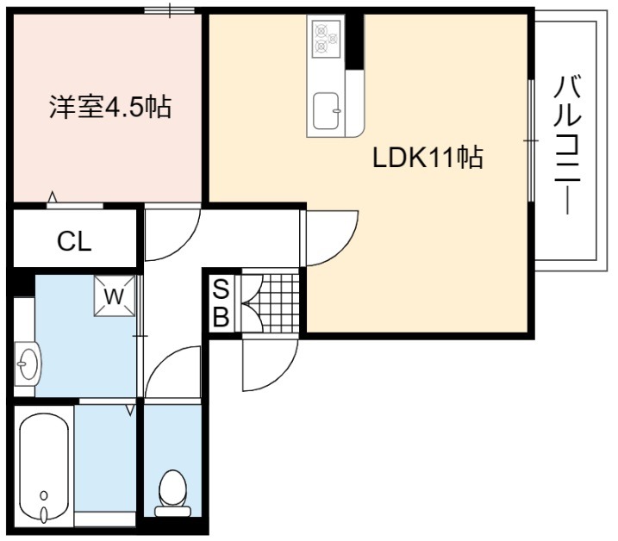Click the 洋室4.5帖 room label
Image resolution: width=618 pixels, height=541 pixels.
110,107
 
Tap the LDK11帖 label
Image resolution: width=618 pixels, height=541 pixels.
428,158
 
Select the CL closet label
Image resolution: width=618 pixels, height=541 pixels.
74,241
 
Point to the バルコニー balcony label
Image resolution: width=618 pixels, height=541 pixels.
567,145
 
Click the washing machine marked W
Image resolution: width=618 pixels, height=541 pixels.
115,295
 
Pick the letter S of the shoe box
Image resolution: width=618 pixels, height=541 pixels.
221,289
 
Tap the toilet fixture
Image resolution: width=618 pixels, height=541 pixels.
172,493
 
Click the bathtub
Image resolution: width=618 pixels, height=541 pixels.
44,469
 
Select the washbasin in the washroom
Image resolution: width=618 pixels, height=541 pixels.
28,364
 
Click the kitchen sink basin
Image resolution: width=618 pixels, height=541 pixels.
326,111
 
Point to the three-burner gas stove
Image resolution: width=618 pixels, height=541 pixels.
326,37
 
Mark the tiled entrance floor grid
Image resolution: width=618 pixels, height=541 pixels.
276,302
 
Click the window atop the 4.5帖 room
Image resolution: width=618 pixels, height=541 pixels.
170,10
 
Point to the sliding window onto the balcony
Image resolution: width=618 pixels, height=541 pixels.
531,140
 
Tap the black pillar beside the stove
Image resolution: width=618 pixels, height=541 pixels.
355,41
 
